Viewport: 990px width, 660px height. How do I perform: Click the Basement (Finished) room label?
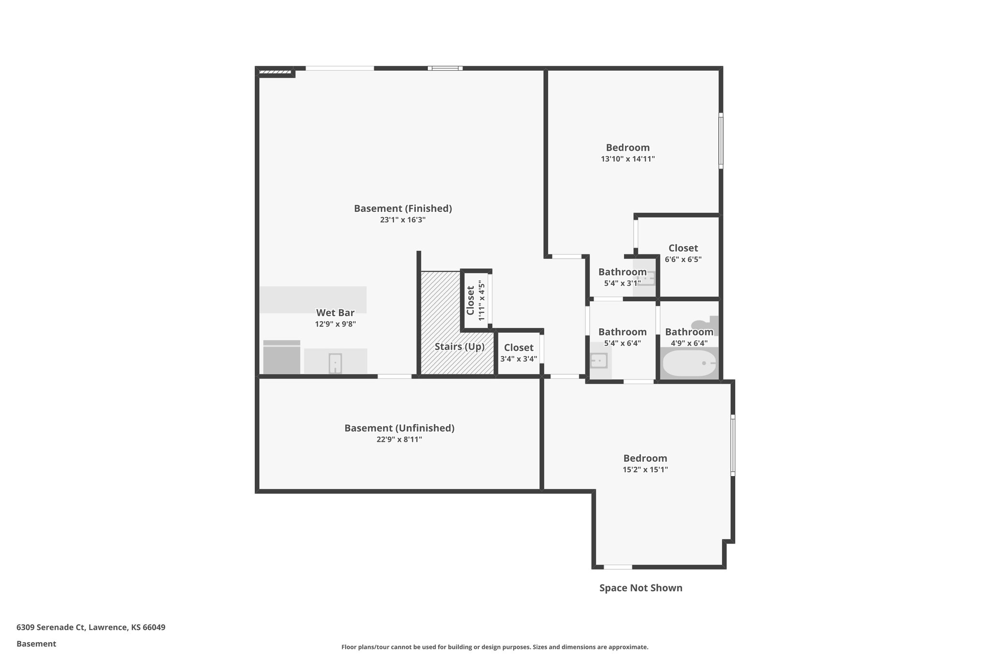(x=403, y=208)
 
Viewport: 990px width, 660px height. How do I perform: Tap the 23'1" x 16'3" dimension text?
(x=403, y=220)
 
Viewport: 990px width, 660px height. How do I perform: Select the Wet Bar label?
(x=335, y=313)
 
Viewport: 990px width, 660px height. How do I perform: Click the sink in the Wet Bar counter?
(x=335, y=363)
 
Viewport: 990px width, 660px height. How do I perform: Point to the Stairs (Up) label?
(x=459, y=347)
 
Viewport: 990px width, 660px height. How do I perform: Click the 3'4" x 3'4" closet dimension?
(x=518, y=359)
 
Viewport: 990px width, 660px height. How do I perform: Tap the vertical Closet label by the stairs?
(x=470, y=300)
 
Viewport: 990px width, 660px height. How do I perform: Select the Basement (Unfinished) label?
(x=399, y=428)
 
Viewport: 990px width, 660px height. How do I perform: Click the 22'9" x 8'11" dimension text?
(x=399, y=440)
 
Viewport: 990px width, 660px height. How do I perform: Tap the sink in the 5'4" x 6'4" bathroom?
(x=599, y=361)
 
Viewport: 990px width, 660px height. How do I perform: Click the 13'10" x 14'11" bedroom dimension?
(x=627, y=159)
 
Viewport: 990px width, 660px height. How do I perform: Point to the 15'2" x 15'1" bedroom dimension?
(x=645, y=469)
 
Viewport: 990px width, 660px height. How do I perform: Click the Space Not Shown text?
(x=641, y=588)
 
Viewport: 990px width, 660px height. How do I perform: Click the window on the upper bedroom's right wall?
(x=720, y=141)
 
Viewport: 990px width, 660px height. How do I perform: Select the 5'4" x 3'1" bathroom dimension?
(x=622, y=283)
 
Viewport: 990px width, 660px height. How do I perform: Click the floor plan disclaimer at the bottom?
(x=495, y=647)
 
